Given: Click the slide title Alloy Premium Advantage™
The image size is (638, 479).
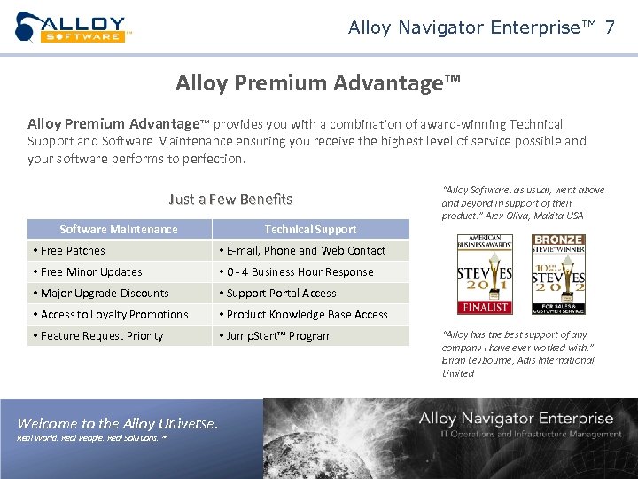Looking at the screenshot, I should [x=318, y=83].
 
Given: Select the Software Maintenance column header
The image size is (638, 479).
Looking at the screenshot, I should [x=119, y=229].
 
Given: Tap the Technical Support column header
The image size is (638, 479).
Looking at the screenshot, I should [x=310, y=229].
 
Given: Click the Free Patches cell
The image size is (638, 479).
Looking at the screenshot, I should [x=119, y=251].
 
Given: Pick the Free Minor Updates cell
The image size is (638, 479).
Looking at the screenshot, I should [x=119, y=272].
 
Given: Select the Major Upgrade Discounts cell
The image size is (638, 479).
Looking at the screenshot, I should [x=119, y=294].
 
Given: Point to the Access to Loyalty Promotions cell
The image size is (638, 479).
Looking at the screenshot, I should [x=119, y=315].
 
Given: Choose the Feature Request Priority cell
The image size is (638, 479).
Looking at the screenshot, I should [x=119, y=336].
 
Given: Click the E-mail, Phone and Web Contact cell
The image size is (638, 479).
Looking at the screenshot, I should [x=310, y=251].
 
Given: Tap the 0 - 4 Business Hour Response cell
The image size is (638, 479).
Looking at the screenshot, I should [x=310, y=272].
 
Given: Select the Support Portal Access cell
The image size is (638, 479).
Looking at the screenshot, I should [x=310, y=294].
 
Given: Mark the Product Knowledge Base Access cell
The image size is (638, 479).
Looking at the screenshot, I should [x=310, y=315].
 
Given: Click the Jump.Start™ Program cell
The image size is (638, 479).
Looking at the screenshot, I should [x=310, y=336].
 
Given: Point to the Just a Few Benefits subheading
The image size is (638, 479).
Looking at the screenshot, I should [x=230, y=199].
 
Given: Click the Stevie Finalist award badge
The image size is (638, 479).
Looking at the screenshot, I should [x=484, y=274].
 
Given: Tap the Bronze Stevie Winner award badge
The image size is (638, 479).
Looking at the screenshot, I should [x=558, y=274].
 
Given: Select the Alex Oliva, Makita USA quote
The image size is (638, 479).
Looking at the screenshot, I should [x=523, y=202].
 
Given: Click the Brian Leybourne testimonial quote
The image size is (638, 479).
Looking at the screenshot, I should [x=518, y=354].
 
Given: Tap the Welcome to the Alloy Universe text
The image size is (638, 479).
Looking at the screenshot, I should [x=118, y=424].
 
